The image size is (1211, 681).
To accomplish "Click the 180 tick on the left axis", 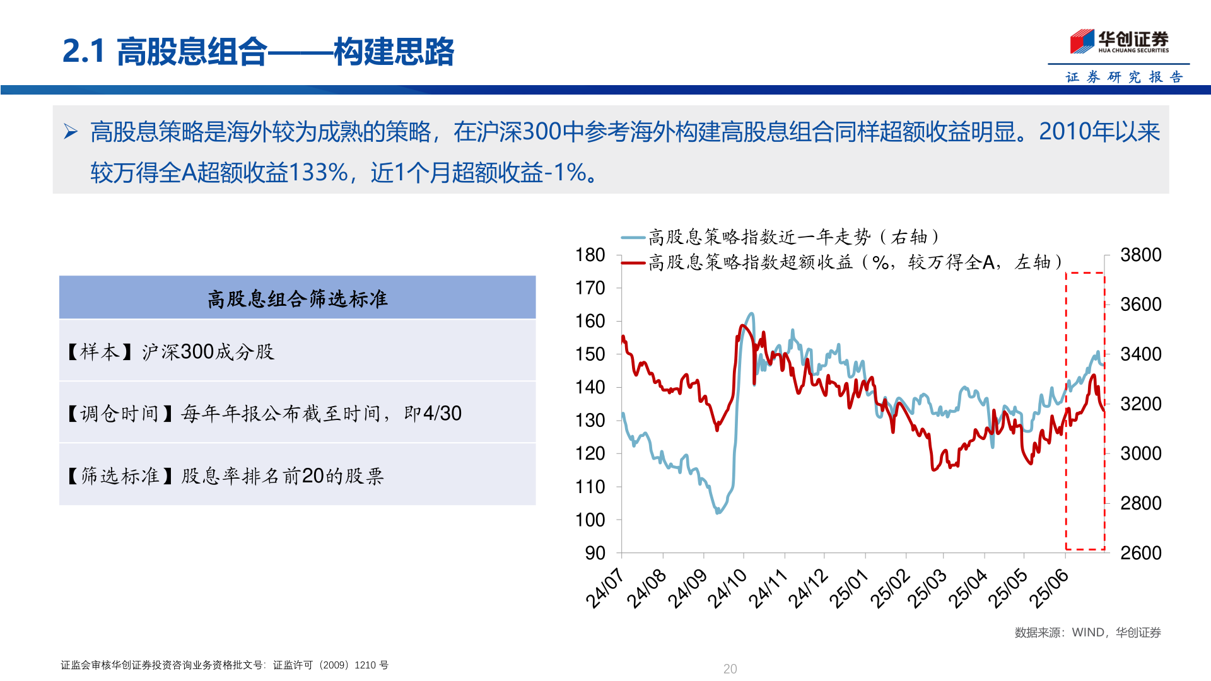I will [x=590, y=255].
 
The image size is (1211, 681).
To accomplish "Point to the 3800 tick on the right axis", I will [x=1140, y=255].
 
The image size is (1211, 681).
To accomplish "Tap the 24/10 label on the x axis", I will [x=727, y=588].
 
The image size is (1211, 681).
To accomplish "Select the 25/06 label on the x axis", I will [x=1049, y=588].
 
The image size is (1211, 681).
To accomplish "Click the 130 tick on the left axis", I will [x=590, y=421].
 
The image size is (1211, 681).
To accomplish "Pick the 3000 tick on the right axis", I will [x=1140, y=453].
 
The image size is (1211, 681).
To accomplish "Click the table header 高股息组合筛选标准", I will [x=297, y=298].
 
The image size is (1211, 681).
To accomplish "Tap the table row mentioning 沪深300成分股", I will [x=297, y=351].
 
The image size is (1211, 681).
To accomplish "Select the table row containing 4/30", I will [x=297, y=413].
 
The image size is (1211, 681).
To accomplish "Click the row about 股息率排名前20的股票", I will [x=297, y=475].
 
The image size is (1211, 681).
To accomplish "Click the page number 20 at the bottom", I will [x=730, y=669].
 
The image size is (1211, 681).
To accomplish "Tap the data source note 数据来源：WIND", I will [x=1087, y=632].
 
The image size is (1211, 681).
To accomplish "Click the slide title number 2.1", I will [x=83, y=51].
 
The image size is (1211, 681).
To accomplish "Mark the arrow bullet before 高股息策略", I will [x=71, y=132].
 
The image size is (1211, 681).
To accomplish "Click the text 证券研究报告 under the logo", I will [x=1123, y=77].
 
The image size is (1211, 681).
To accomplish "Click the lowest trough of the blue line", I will [x=717, y=511].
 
